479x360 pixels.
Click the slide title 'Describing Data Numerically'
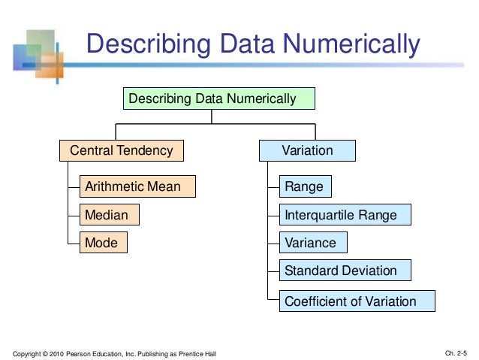pyautogui.click(x=253, y=45)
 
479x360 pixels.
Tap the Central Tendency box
pyautogui.click(x=121, y=151)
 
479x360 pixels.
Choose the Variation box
pyautogui.click(x=307, y=151)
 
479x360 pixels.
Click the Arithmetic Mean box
pyautogui.click(x=137, y=186)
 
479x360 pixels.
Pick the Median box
pyautogui.click(x=110, y=215)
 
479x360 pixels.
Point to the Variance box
pyautogui.click(x=313, y=243)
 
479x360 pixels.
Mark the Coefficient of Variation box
pyautogui.click(x=357, y=301)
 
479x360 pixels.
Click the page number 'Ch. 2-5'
pyautogui.click(x=456, y=353)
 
